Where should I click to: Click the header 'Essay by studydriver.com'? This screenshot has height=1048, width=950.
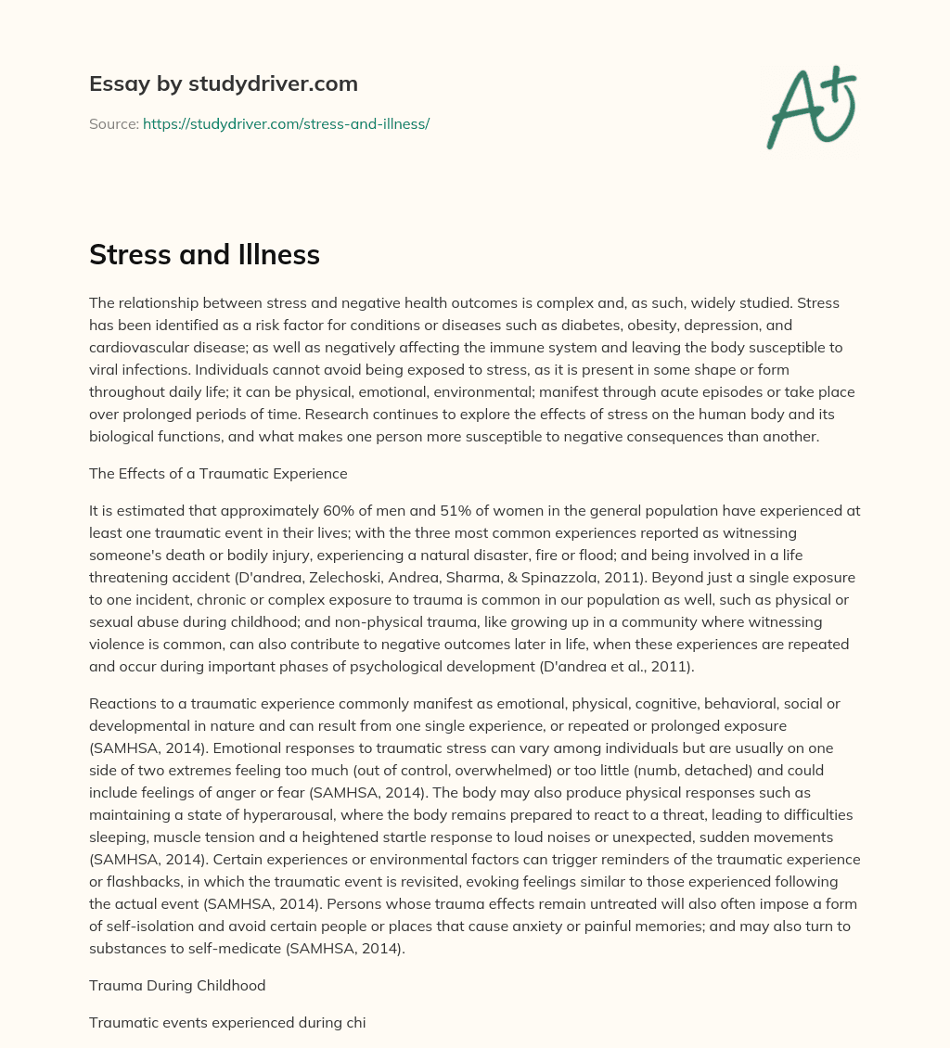point(223,83)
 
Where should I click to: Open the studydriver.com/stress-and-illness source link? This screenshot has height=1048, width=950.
point(286,123)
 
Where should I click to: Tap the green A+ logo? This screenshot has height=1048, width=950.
point(810,107)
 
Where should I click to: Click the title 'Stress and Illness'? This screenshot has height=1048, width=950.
point(204,255)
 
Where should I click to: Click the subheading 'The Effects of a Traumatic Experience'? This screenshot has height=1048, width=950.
point(218,473)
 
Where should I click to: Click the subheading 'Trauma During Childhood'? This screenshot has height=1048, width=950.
point(177,985)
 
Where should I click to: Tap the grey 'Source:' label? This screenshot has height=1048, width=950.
point(113,123)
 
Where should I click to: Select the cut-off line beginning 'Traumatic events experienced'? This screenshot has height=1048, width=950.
point(227,1023)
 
